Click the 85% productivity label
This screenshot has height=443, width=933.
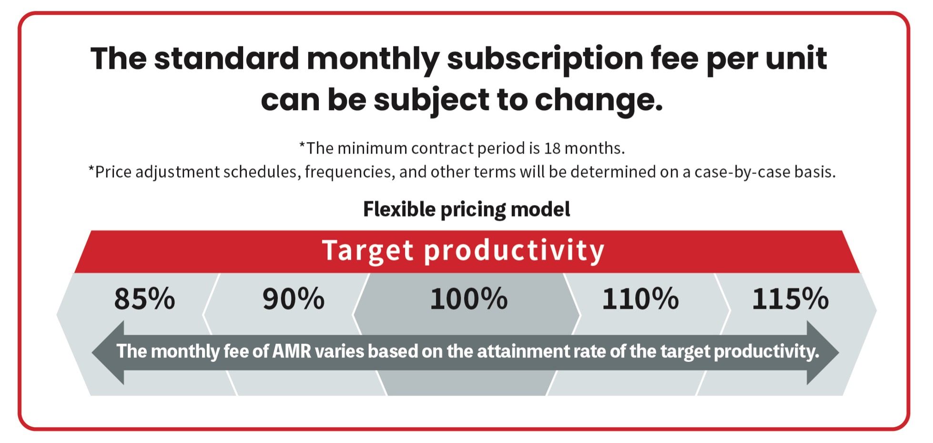(x=144, y=299)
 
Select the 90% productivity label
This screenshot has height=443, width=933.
(x=294, y=299)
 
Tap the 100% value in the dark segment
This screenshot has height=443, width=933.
(x=469, y=299)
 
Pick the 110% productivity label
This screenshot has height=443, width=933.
(x=640, y=299)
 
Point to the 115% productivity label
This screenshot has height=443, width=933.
(x=791, y=299)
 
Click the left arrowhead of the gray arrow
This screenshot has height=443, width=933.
(x=109, y=352)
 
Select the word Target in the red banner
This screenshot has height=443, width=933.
(x=368, y=250)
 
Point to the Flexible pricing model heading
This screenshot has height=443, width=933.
(x=466, y=209)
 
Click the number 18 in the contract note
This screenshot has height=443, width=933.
(x=552, y=148)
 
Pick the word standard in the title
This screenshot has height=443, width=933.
(x=226, y=59)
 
